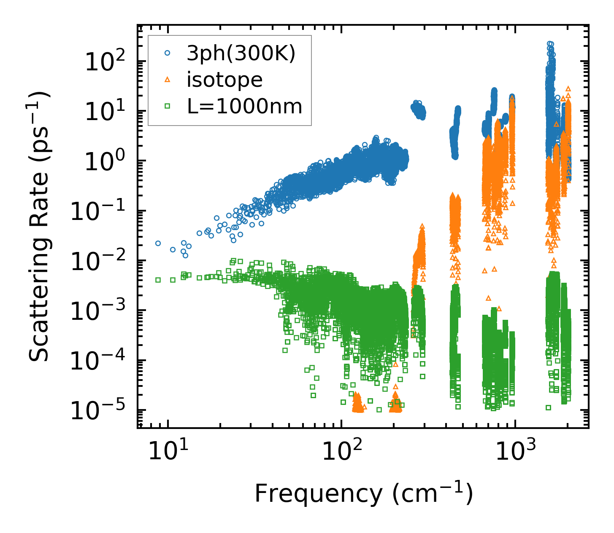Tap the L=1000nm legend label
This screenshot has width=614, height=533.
[x=245, y=106]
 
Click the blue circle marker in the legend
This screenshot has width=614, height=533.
[x=168, y=53]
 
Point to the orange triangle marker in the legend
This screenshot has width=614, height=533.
[x=168, y=80]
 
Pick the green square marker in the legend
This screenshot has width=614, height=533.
[x=168, y=106]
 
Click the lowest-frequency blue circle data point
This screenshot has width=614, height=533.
[x=158, y=243]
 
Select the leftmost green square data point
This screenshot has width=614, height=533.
[x=158, y=280]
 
